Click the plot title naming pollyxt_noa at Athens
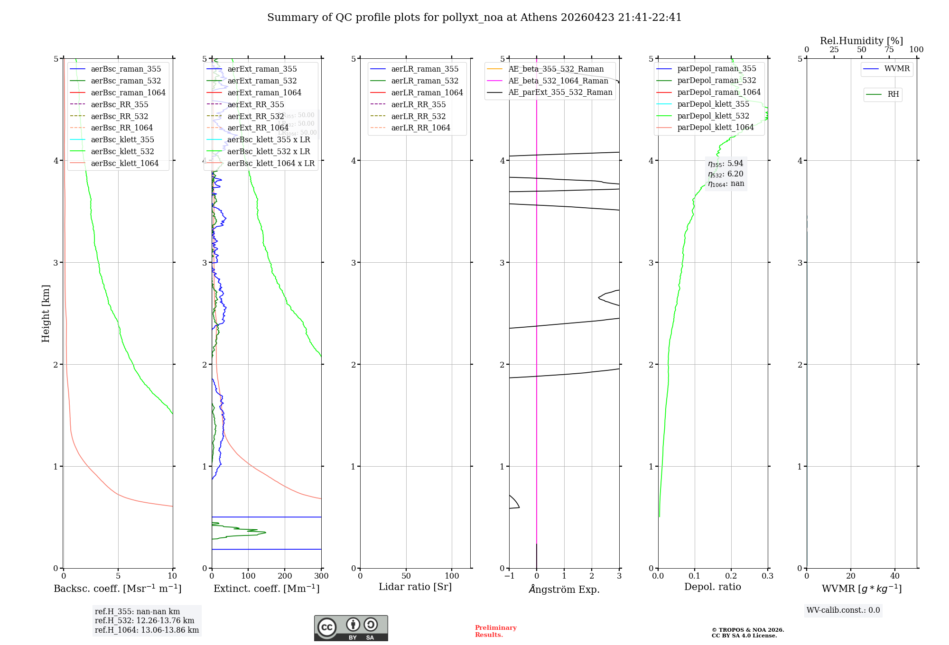474,18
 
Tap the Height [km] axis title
46,313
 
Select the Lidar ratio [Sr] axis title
415,587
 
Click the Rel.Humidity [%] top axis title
861,41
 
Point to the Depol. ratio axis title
712,587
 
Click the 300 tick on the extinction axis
321,576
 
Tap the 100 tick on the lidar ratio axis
452,576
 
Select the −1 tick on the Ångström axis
509,576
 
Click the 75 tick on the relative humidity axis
889,50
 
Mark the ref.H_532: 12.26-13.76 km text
144,620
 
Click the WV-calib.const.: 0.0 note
843,610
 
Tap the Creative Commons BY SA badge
351,628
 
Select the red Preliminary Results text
495,631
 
